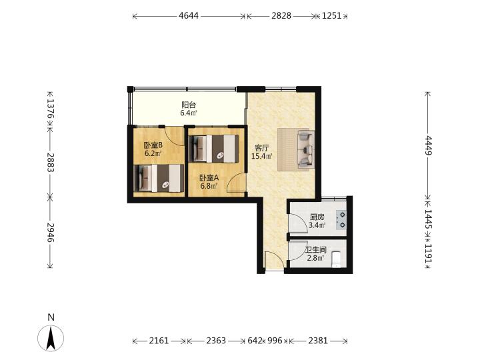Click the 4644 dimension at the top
point(189,15)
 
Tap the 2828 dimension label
point(281,15)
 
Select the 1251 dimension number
point(331,15)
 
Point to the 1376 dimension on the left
point(51,109)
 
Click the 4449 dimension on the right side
point(428,145)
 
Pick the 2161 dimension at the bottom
point(159,341)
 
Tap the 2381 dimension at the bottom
point(318,341)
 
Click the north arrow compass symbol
point(51,338)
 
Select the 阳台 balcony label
point(189,105)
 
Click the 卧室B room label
point(153,145)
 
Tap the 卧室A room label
point(209,177)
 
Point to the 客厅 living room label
point(262,148)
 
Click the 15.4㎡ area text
point(262,157)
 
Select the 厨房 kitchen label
point(317,217)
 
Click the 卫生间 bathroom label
point(315,250)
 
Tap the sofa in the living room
point(306,149)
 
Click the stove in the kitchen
point(341,220)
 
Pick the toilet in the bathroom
point(337,259)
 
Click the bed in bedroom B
point(159,179)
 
